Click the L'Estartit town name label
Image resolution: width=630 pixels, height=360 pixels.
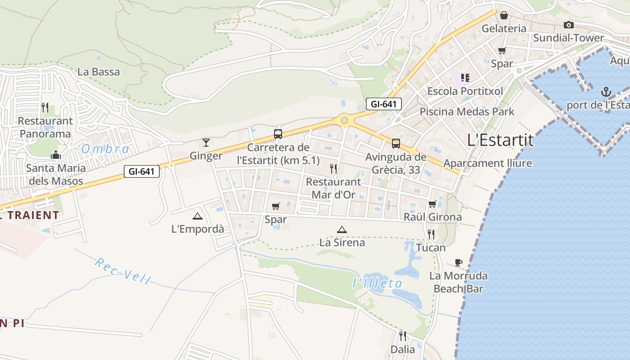500,140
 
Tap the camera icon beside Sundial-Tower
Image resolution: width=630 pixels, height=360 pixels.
569,25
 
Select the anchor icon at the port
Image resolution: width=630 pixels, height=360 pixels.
606,92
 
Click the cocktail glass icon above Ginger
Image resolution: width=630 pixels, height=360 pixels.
206,143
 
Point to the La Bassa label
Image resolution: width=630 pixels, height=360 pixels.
99,72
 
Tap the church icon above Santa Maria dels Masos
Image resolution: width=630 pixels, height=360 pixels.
56,155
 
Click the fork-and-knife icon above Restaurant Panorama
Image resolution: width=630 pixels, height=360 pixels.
45,107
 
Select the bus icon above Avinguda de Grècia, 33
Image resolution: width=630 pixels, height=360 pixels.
396,144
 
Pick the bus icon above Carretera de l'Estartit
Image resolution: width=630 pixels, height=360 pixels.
278,134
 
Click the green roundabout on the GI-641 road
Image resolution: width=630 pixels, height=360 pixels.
345,120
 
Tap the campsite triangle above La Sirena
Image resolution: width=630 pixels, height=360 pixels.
342,229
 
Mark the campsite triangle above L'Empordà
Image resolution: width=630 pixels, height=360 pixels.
197,216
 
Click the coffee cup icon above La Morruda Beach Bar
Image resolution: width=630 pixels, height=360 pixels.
459,262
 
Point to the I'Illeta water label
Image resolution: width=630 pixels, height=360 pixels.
377,283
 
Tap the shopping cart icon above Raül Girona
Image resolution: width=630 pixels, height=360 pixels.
432,204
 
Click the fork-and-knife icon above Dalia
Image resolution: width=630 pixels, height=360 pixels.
403,336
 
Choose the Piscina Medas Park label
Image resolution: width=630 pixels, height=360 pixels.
467,111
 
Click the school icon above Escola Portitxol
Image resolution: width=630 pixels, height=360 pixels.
465,78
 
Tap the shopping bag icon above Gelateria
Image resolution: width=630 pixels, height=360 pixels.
504,15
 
